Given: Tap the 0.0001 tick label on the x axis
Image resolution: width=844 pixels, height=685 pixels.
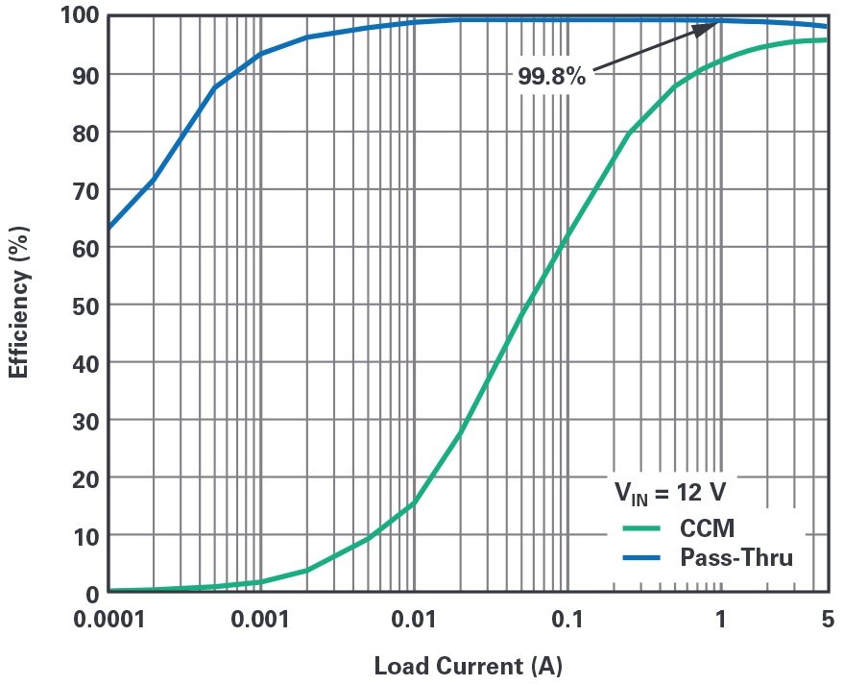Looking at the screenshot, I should tap(109, 619).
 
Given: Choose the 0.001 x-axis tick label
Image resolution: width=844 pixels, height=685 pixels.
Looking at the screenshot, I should tap(260, 619).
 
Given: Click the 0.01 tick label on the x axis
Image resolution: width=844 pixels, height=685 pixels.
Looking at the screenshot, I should tap(414, 619).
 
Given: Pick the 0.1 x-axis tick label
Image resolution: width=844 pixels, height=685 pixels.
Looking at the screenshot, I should tap(567, 619).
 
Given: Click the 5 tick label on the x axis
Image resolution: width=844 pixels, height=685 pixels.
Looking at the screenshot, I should tap(827, 619).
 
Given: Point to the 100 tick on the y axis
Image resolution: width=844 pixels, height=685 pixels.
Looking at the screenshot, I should tap(78, 16).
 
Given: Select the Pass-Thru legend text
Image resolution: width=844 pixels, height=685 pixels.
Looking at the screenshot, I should tap(736, 556).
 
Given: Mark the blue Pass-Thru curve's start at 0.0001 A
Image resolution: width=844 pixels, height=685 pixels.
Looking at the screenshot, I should tap(109, 229).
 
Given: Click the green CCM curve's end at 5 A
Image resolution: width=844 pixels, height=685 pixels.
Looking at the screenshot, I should tap(826, 39).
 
